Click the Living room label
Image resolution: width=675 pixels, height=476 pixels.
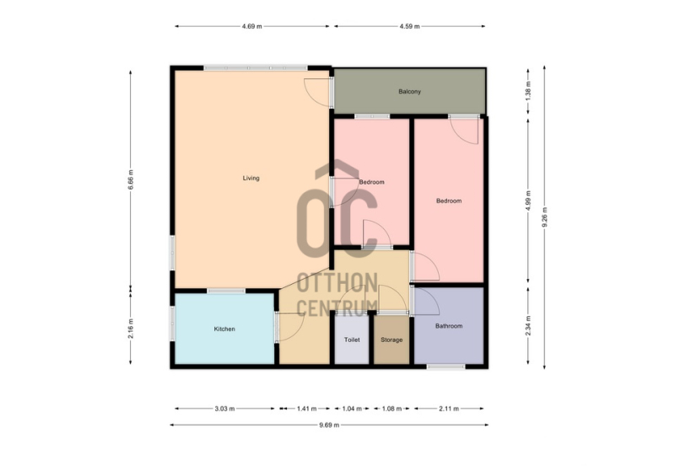251,178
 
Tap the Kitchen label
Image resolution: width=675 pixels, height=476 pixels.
224,329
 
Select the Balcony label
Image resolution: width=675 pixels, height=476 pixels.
409,92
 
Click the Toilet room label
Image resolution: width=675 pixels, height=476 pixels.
352,340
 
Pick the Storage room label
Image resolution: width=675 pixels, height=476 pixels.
391,340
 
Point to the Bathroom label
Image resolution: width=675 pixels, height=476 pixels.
449,326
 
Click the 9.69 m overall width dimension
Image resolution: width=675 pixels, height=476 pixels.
329,425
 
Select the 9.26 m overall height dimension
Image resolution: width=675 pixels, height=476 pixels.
544,217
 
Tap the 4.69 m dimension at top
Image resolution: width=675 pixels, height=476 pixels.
251,26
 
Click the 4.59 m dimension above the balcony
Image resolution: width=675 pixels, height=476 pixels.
409,26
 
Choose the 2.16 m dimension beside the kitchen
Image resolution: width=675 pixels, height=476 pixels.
131,329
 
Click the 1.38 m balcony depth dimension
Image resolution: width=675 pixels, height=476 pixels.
529,91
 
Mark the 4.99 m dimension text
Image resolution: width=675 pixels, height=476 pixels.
529,201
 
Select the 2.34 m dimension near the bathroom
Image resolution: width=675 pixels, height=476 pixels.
529,326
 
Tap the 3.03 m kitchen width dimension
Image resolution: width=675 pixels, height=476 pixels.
224,409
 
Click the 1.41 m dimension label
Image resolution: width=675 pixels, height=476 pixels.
306,409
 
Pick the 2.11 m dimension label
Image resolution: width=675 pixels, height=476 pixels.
449,409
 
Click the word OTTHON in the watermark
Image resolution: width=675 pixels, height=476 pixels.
337,282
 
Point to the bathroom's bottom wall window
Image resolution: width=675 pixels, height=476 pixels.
446,366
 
